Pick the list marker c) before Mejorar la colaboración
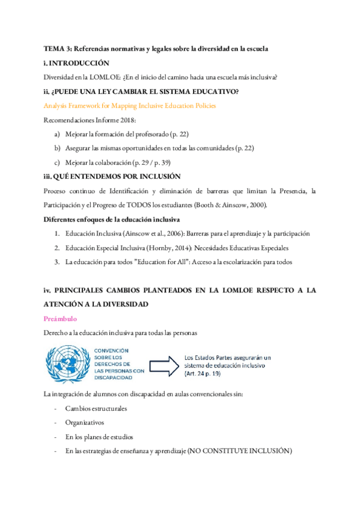coord(57,162)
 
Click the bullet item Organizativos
coord(85,422)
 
